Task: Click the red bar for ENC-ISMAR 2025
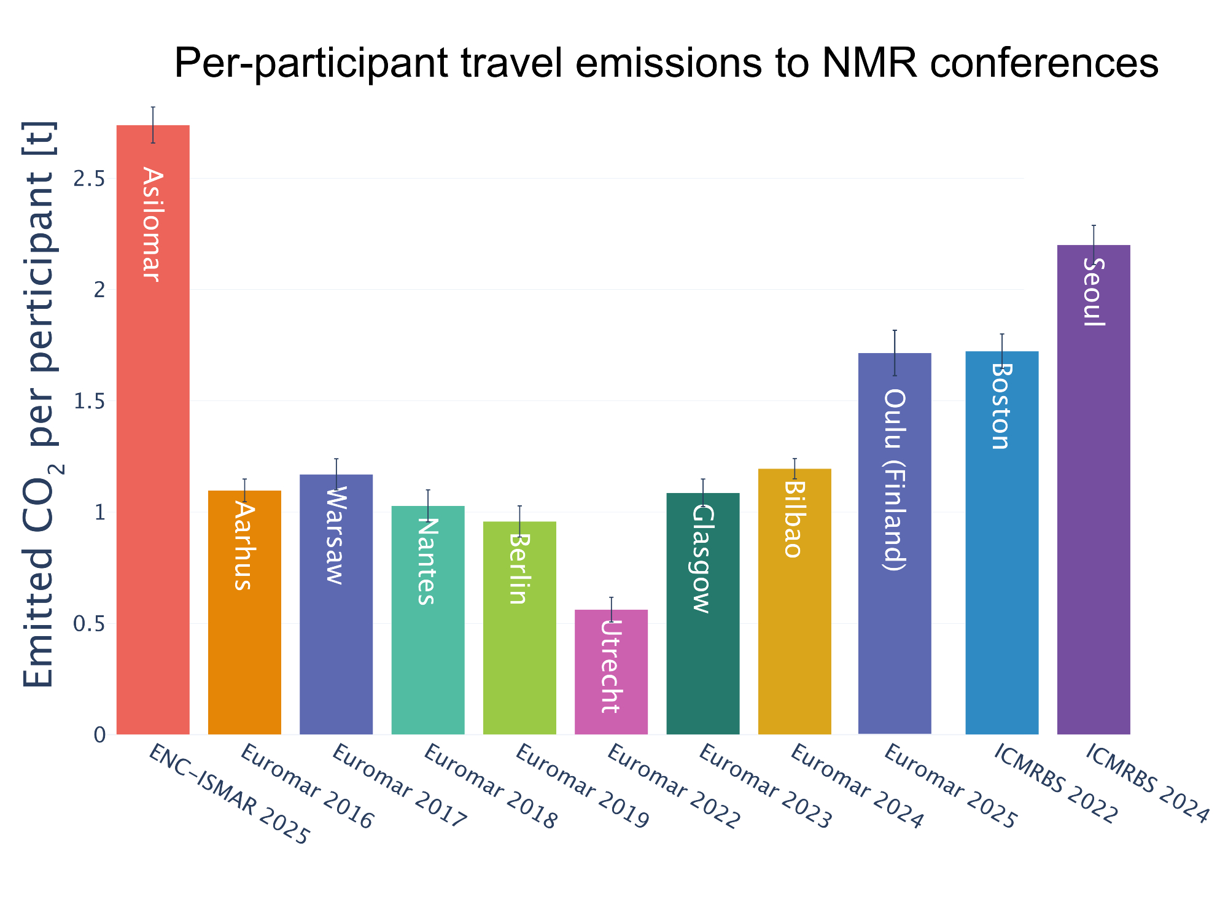[153, 491]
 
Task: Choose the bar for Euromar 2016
[244, 645]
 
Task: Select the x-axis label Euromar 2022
[674, 787]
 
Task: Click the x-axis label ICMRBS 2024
[1147, 783]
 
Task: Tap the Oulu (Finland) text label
[895, 480]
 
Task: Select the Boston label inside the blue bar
[1001, 406]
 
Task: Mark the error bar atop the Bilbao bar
[795, 468]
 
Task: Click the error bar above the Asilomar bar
[153, 125]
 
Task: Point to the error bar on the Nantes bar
[428, 506]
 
